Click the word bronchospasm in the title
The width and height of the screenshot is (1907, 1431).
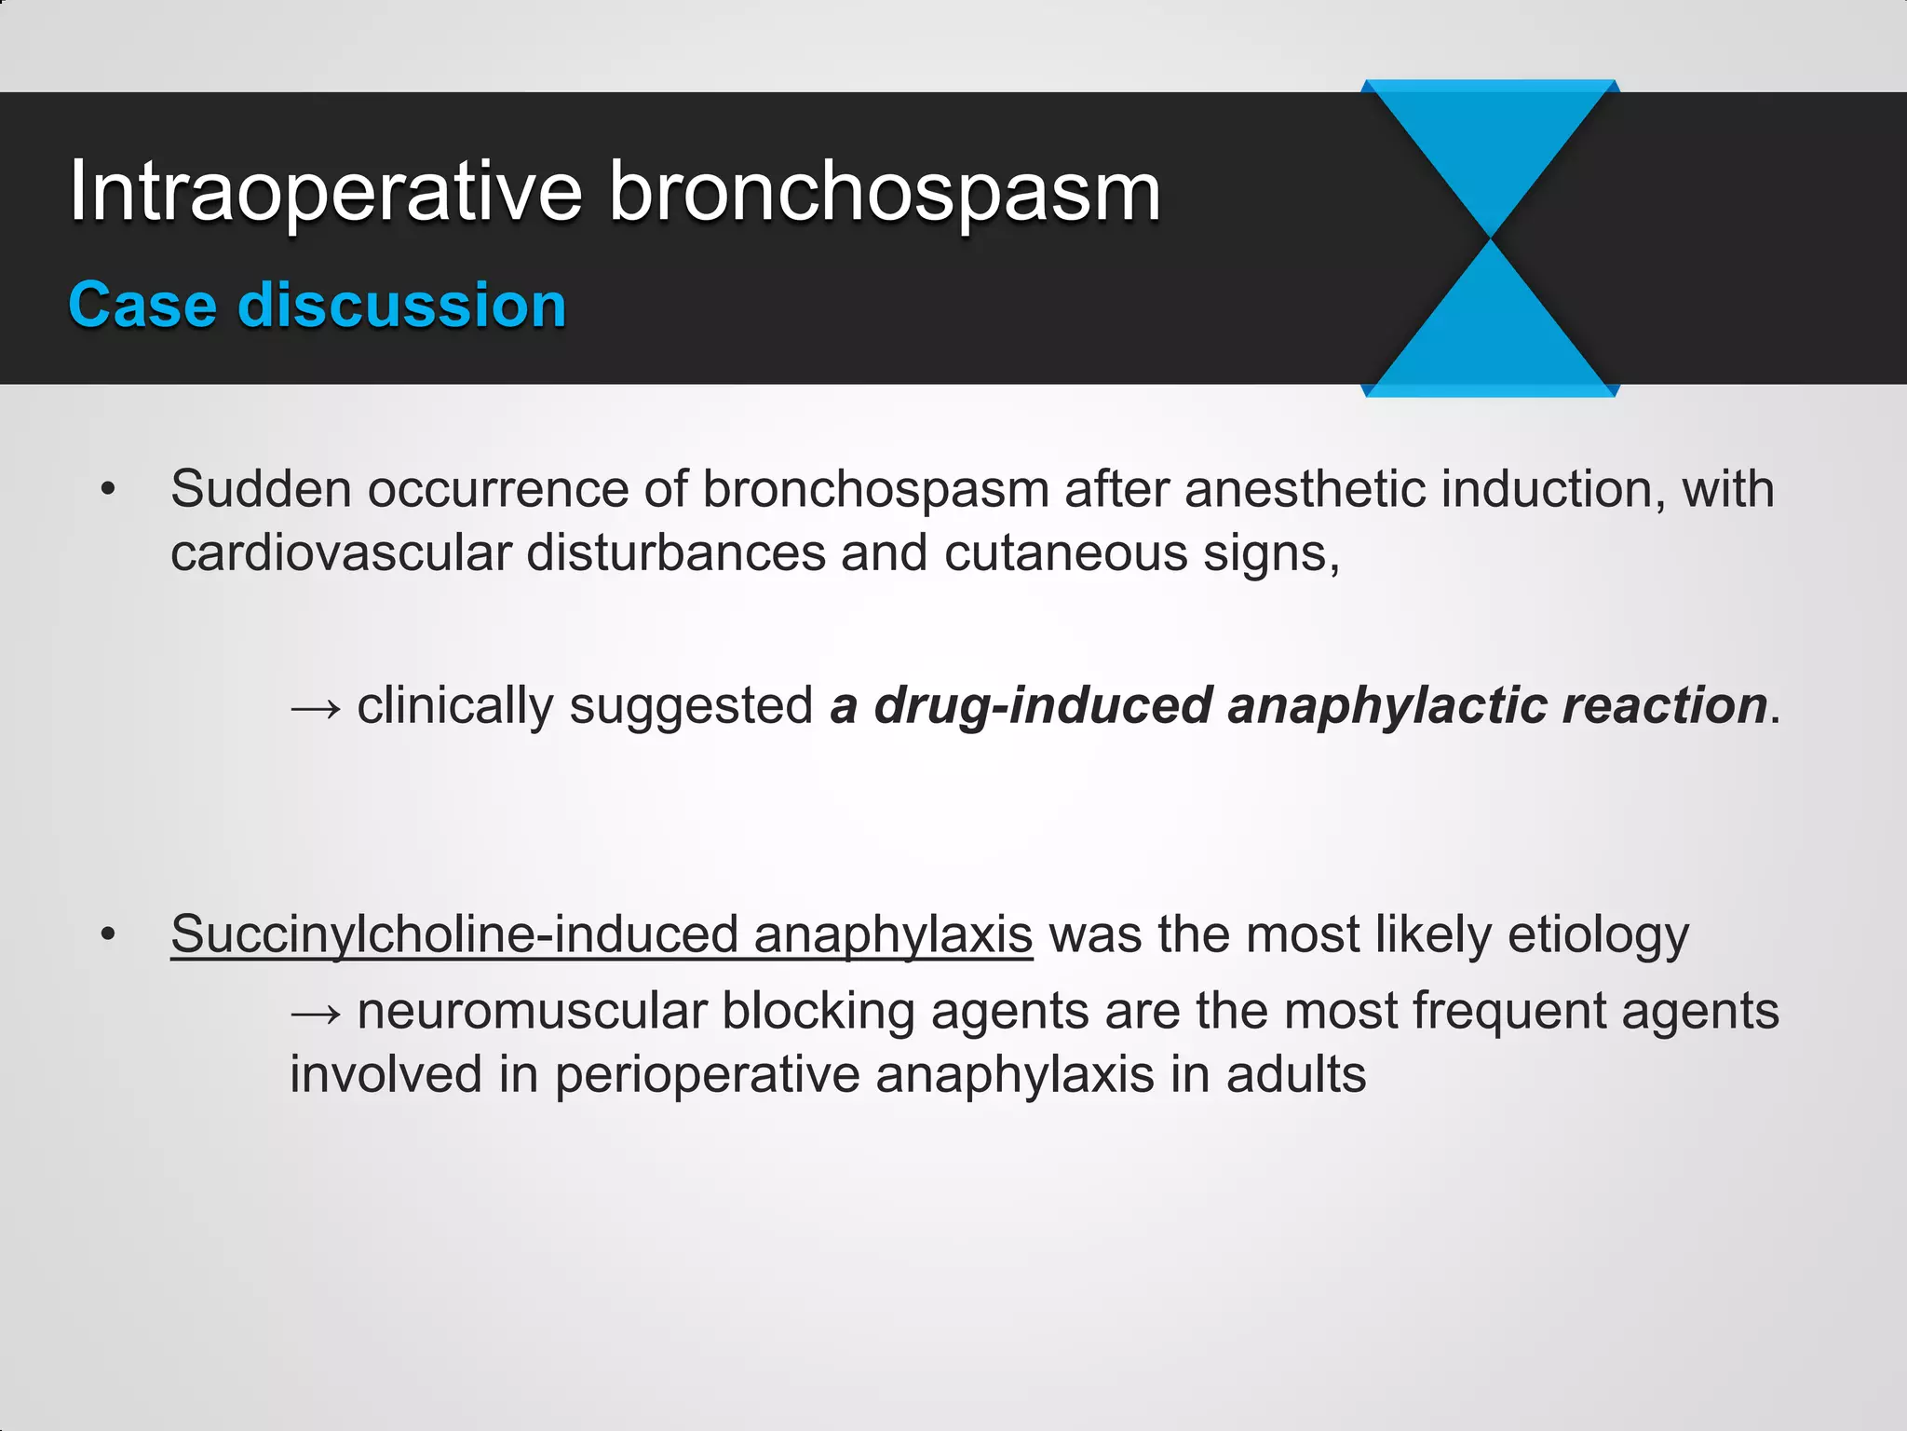[x=885, y=194]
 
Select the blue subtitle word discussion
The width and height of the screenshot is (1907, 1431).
[x=402, y=306]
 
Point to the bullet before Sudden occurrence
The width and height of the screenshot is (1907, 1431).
[x=109, y=490]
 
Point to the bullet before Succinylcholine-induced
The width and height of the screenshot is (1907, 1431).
[x=109, y=934]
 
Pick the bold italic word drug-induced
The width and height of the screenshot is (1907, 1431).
[x=1043, y=705]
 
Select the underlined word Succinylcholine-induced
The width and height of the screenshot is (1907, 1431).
[x=456, y=934]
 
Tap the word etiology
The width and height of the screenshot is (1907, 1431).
[x=1598, y=934]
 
